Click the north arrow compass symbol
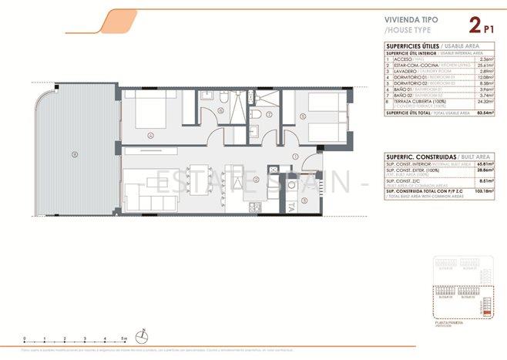point(142,335)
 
